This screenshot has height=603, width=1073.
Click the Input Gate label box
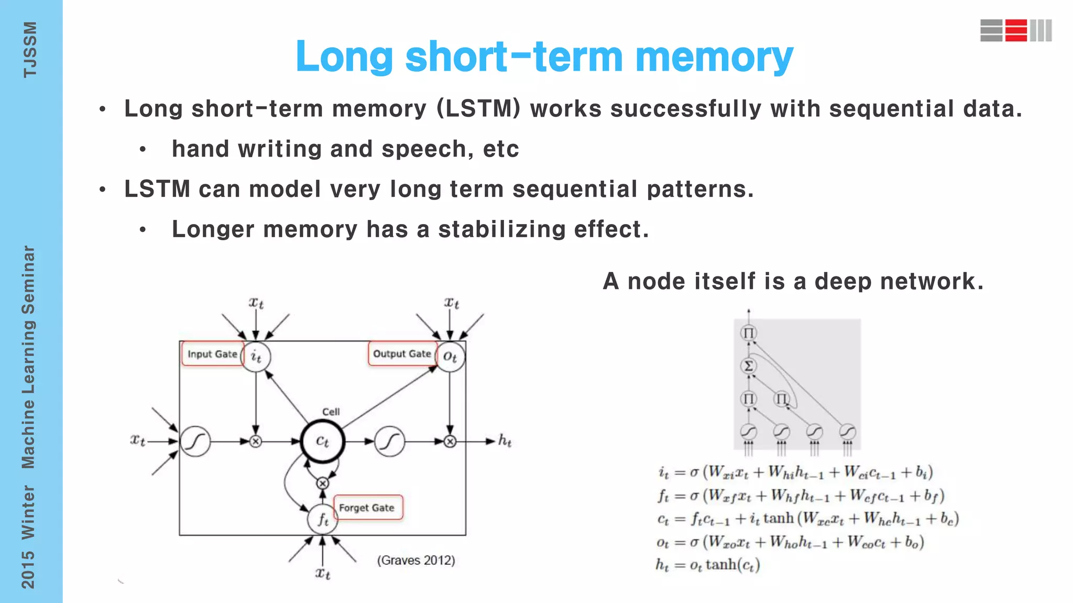click(x=212, y=354)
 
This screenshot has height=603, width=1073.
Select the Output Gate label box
click(x=402, y=354)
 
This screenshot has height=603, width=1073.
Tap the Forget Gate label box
click(x=367, y=508)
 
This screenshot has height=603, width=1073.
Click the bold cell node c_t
click(x=323, y=441)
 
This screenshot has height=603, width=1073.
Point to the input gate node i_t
click(x=256, y=356)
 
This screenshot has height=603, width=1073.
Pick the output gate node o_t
click(x=450, y=356)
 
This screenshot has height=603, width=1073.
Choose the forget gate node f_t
click(x=323, y=519)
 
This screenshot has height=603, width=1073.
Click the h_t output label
click(x=505, y=441)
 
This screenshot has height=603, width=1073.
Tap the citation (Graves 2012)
click(x=416, y=560)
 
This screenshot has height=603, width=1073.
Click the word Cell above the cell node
click(x=331, y=412)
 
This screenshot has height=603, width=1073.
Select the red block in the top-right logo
click(x=1016, y=30)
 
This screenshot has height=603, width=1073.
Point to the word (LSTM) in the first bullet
click(x=478, y=109)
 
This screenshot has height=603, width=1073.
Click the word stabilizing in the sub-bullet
click(x=502, y=229)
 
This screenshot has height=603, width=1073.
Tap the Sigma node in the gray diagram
click(x=749, y=366)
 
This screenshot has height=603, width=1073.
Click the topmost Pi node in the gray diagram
click(x=749, y=333)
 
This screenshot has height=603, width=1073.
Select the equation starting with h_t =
click(x=708, y=565)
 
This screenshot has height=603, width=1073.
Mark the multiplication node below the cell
click(x=323, y=483)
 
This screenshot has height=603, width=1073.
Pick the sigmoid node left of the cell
click(x=195, y=441)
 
